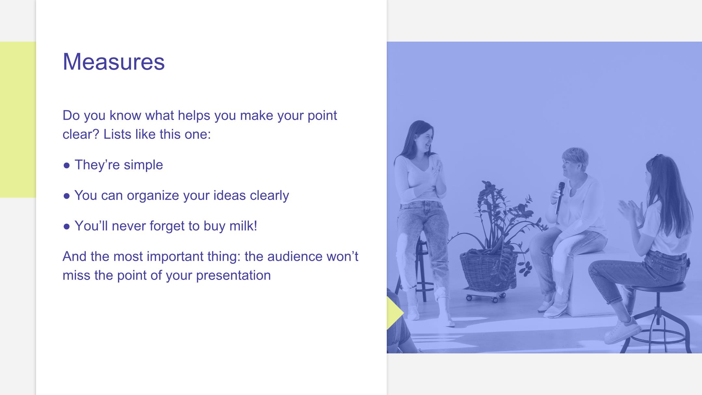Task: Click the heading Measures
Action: tap(114, 61)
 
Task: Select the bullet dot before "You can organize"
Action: tap(67, 196)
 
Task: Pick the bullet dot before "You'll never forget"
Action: tap(67, 227)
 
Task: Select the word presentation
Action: tap(233, 276)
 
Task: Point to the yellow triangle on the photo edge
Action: tap(395, 313)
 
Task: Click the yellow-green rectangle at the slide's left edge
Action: tap(18, 120)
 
